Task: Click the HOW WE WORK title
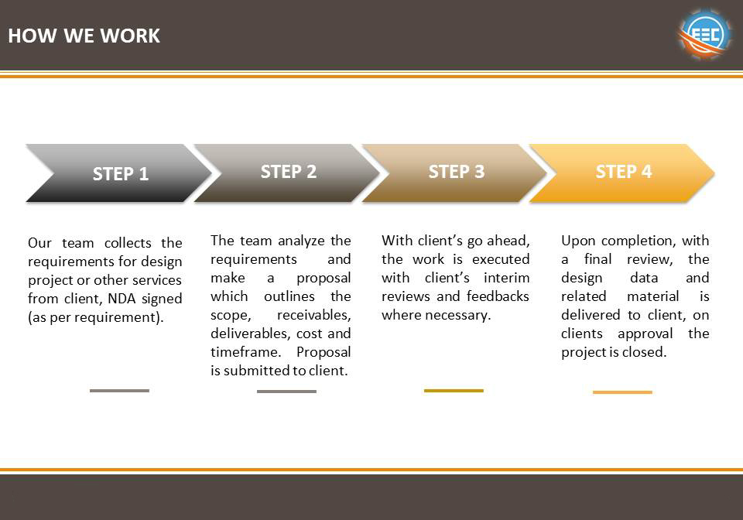(84, 36)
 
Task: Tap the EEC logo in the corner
(704, 33)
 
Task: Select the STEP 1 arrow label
(121, 174)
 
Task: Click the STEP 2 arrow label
(288, 172)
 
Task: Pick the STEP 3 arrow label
(457, 172)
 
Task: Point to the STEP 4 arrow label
(624, 172)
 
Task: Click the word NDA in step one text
(122, 299)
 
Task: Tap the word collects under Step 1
(128, 243)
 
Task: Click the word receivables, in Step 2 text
(313, 315)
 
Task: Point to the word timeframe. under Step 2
(246, 352)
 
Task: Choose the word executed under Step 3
(501, 259)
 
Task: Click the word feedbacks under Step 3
(498, 296)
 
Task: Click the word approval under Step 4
(645, 334)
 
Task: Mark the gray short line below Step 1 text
(119, 391)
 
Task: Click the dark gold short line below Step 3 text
(454, 391)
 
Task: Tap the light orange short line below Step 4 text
(622, 392)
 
